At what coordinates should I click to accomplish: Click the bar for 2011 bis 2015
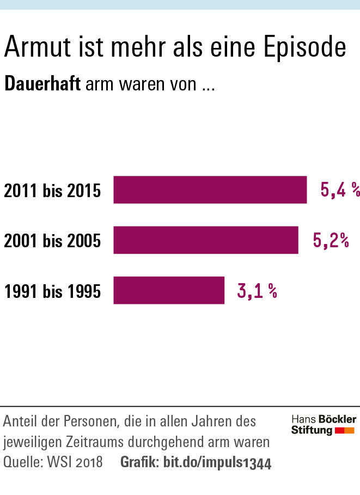point(210,190)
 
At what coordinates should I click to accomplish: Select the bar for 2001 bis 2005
point(205,240)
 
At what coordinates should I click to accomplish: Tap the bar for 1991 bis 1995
point(169,290)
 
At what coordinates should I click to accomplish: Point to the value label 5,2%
point(331,240)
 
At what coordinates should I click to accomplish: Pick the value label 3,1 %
point(257,291)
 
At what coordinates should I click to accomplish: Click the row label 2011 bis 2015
point(52,191)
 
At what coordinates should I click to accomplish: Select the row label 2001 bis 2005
point(52,241)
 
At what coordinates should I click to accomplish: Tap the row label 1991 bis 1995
point(52,291)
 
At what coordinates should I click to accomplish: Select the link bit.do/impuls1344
point(217,463)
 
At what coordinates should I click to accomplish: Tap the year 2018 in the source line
point(89,463)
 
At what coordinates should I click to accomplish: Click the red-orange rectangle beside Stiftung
point(345,431)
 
